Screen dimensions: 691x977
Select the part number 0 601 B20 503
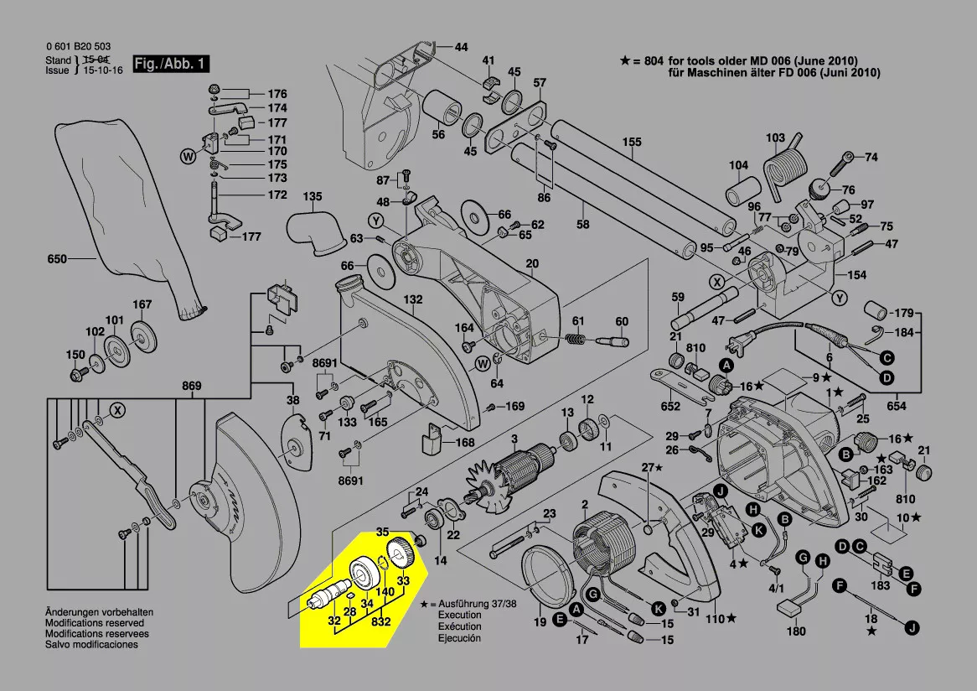coord(78,47)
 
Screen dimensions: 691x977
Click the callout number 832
coord(381,621)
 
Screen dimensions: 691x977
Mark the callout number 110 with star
coord(717,618)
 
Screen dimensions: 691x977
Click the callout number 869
coord(192,386)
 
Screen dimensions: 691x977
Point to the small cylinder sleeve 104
coord(738,194)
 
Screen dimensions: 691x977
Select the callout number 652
coord(670,406)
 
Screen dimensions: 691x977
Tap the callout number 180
coord(795,631)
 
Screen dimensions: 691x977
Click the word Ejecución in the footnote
coord(459,638)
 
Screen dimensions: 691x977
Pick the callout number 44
coord(461,47)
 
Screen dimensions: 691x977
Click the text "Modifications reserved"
coord(94,623)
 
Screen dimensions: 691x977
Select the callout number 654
coord(897,406)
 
